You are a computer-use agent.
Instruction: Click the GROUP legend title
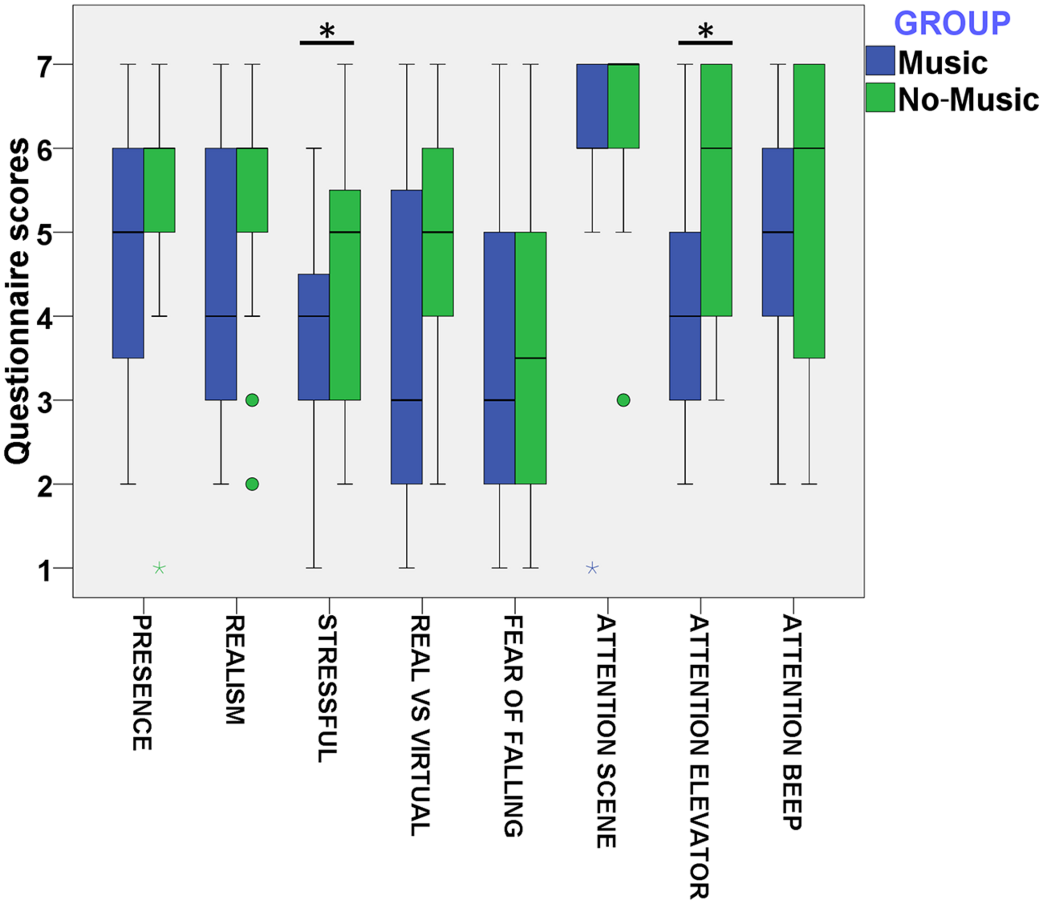(952, 23)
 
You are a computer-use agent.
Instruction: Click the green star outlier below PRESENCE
(160, 568)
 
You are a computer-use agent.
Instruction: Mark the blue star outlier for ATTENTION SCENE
(592, 568)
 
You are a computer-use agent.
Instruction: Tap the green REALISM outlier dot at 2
(252, 484)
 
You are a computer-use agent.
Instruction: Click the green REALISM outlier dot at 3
(252, 400)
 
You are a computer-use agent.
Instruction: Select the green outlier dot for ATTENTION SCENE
(624, 400)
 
